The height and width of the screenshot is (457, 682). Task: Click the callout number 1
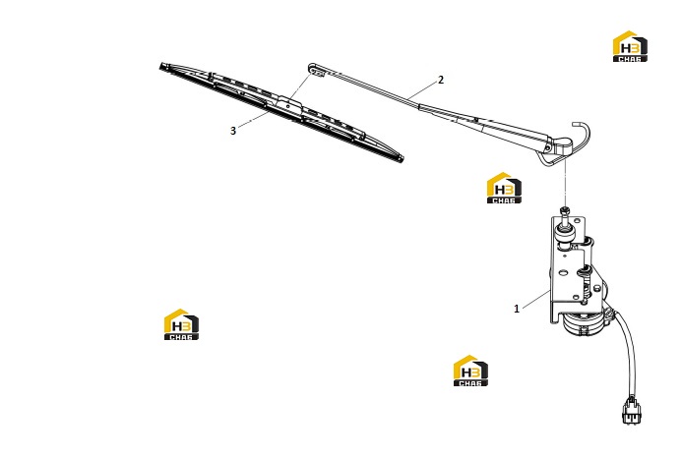click(x=517, y=309)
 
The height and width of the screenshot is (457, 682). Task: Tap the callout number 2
click(x=441, y=80)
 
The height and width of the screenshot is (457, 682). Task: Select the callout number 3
click(x=233, y=131)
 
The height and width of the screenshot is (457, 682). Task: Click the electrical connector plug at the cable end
click(x=632, y=410)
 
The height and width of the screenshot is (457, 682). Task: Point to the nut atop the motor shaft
click(x=565, y=211)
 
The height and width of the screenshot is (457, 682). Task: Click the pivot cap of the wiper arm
click(x=560, y=145)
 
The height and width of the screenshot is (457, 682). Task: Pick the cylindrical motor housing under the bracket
click(x=582, y=323)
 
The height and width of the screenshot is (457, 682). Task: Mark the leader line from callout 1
click(x=536, y=300)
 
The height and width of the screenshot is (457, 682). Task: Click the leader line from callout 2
click(x=423, y=89)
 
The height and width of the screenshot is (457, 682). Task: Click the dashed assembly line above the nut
click(x=565, y=183)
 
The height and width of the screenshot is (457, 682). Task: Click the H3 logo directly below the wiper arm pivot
click(x=504, y=188)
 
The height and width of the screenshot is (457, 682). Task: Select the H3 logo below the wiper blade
click(x=181, y=324)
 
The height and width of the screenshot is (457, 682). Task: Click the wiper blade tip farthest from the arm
click(x=161, y=67)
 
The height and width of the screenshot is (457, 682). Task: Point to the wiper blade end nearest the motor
click(x=401, y=158)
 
